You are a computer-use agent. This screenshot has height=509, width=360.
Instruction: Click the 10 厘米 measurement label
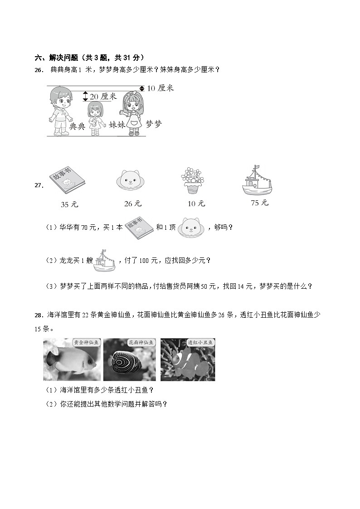[x=161, y=88]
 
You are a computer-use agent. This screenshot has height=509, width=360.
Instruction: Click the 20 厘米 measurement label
[x=103, y=97]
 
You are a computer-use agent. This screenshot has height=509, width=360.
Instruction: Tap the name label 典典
[x=77, y=126]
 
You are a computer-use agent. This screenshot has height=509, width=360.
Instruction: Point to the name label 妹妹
[x=117, y=124]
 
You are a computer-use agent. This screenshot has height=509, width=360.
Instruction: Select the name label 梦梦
[x=154, y=124]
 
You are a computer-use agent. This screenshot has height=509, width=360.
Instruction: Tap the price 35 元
[x=69, y=204]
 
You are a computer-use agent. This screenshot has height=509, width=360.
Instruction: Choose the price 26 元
[x=133, y=204]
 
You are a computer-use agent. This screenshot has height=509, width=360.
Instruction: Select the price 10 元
[x=196, y=204]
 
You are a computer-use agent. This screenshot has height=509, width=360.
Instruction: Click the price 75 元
[x=259, y=203]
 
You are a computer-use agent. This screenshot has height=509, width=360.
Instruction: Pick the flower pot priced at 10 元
[x=193, y=180]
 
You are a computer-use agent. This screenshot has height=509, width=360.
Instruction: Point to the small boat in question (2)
[x=104, y=261]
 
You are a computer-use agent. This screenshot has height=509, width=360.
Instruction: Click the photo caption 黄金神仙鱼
[x=86, y=343]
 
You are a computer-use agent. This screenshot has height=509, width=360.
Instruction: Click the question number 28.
[x=39, y=315]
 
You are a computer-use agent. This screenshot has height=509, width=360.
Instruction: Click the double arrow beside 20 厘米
[x=85, y=96]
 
